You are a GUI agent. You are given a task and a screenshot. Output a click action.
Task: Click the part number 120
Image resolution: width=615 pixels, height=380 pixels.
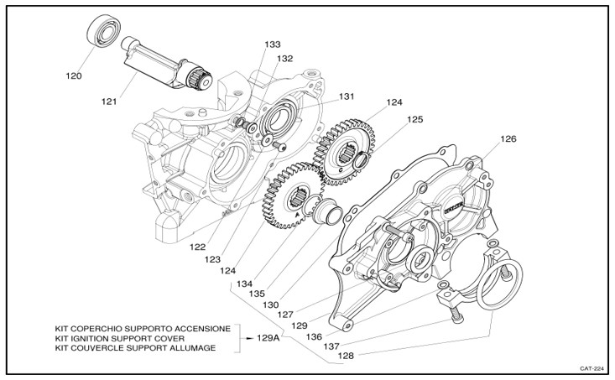pyautogui.click(x=74, y=76)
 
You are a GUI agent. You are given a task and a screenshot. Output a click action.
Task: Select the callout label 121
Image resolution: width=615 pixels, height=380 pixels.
pyautogui.click(x=109, y=102)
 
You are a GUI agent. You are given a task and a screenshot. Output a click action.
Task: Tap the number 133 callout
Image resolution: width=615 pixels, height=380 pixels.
pyautogui.click(x=272, y=44)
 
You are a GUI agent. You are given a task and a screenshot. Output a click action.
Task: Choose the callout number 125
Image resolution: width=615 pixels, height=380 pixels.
pyautogui.click(x=415, y=120)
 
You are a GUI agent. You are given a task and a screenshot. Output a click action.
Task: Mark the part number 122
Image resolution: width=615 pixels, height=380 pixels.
pyautogui.click(x=198, y=247)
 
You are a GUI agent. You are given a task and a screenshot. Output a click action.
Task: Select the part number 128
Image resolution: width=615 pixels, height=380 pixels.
pyautogui.click(x=346, y=356)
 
